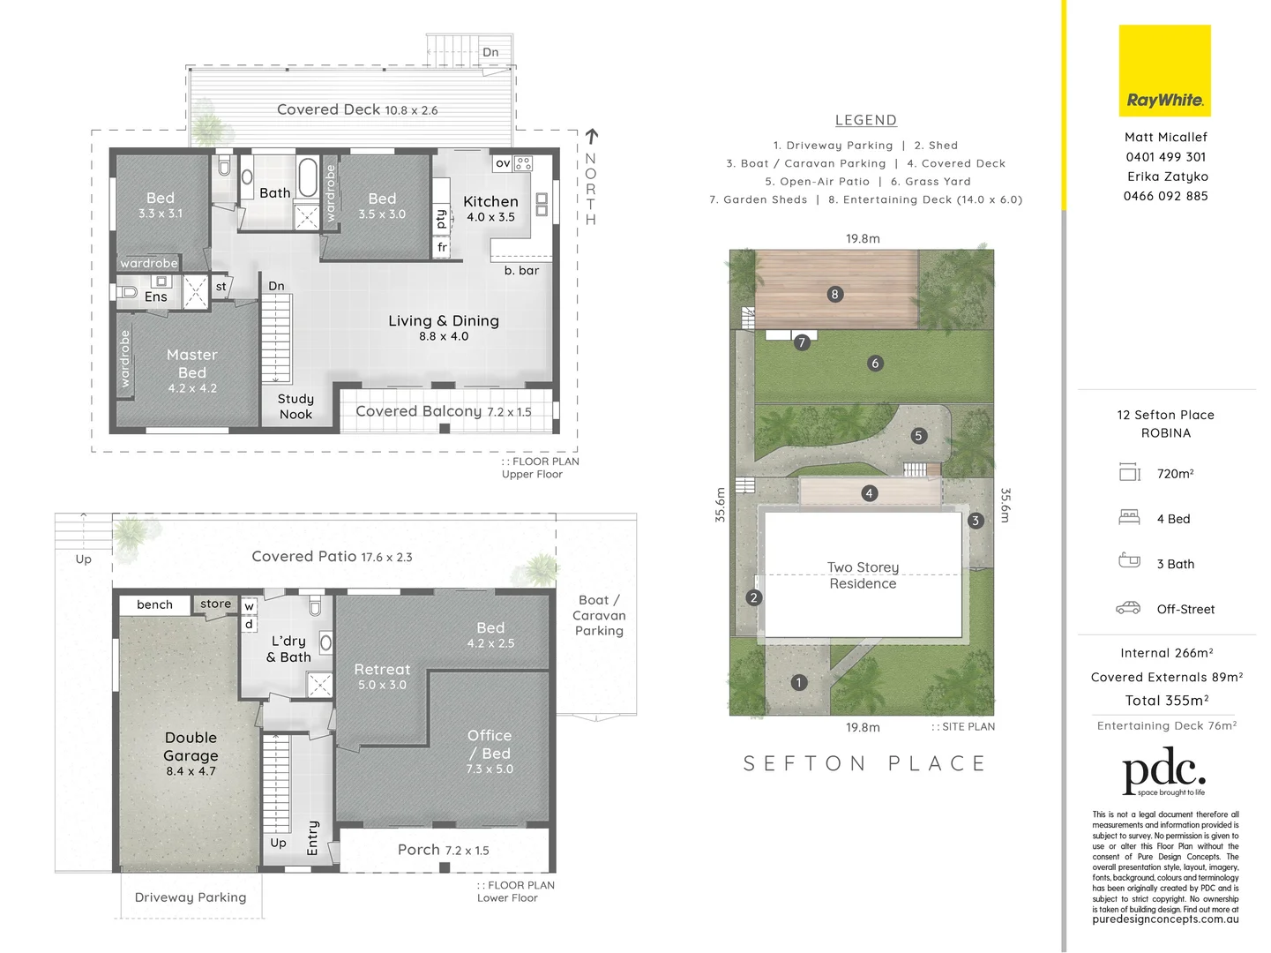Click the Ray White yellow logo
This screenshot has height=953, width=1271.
coord(1164,71)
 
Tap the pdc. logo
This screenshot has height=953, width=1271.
coord(1163,771)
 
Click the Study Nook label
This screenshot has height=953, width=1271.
coord(295,407)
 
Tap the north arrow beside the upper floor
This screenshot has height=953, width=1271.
coord(591,137)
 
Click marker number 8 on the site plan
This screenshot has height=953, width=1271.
coord(834,294)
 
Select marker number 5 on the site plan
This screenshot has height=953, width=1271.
coord(918,435)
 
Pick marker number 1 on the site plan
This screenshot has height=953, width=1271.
coord(798,682)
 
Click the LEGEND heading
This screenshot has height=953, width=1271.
coord(865,120)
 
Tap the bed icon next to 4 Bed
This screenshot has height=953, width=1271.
coord(1129,518)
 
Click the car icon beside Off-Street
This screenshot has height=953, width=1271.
coord(1128,608)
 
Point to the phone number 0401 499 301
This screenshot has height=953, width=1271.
coord(1165,157)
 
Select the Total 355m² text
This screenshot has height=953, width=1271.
coord(1166,701)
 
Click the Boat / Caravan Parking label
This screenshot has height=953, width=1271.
coord(599,615)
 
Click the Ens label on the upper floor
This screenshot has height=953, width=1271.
coord(155,296)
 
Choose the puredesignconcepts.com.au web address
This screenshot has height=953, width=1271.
coord(1165,919)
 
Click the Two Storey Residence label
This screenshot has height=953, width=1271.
coord(863,575)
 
